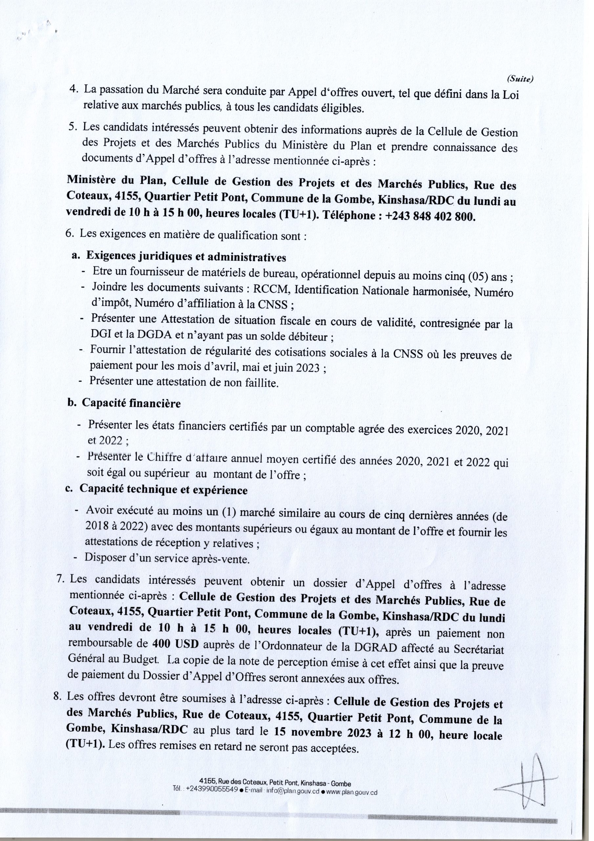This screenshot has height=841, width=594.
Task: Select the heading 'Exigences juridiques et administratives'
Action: (186, 257)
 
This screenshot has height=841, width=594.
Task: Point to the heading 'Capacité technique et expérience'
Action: (163, 490)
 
